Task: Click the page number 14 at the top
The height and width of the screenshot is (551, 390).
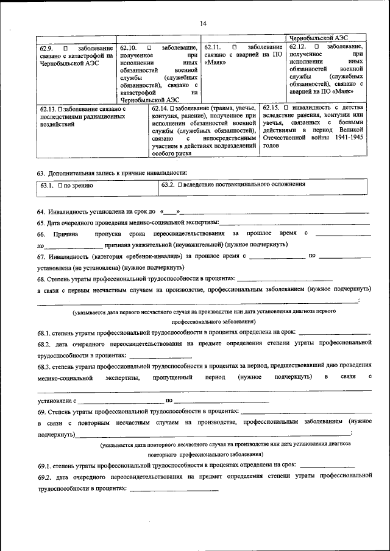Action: pyautogui.click(x=204, y=23)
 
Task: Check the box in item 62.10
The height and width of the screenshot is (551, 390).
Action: pyautogui.click(x=149, y=47)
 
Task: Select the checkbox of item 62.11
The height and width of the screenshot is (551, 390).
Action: pyautogui.click(x=235, y=47)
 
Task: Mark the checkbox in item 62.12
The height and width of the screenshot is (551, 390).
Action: pyautogui.click(x=316, y=46)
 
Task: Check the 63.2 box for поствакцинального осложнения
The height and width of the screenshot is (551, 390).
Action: pyautogui.click(x=180, y=184)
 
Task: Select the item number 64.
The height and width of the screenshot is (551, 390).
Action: pyautogui.click(x=41, y=212)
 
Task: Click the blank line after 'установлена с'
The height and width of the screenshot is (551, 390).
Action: pyautogui.click(x=121, y=401)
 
